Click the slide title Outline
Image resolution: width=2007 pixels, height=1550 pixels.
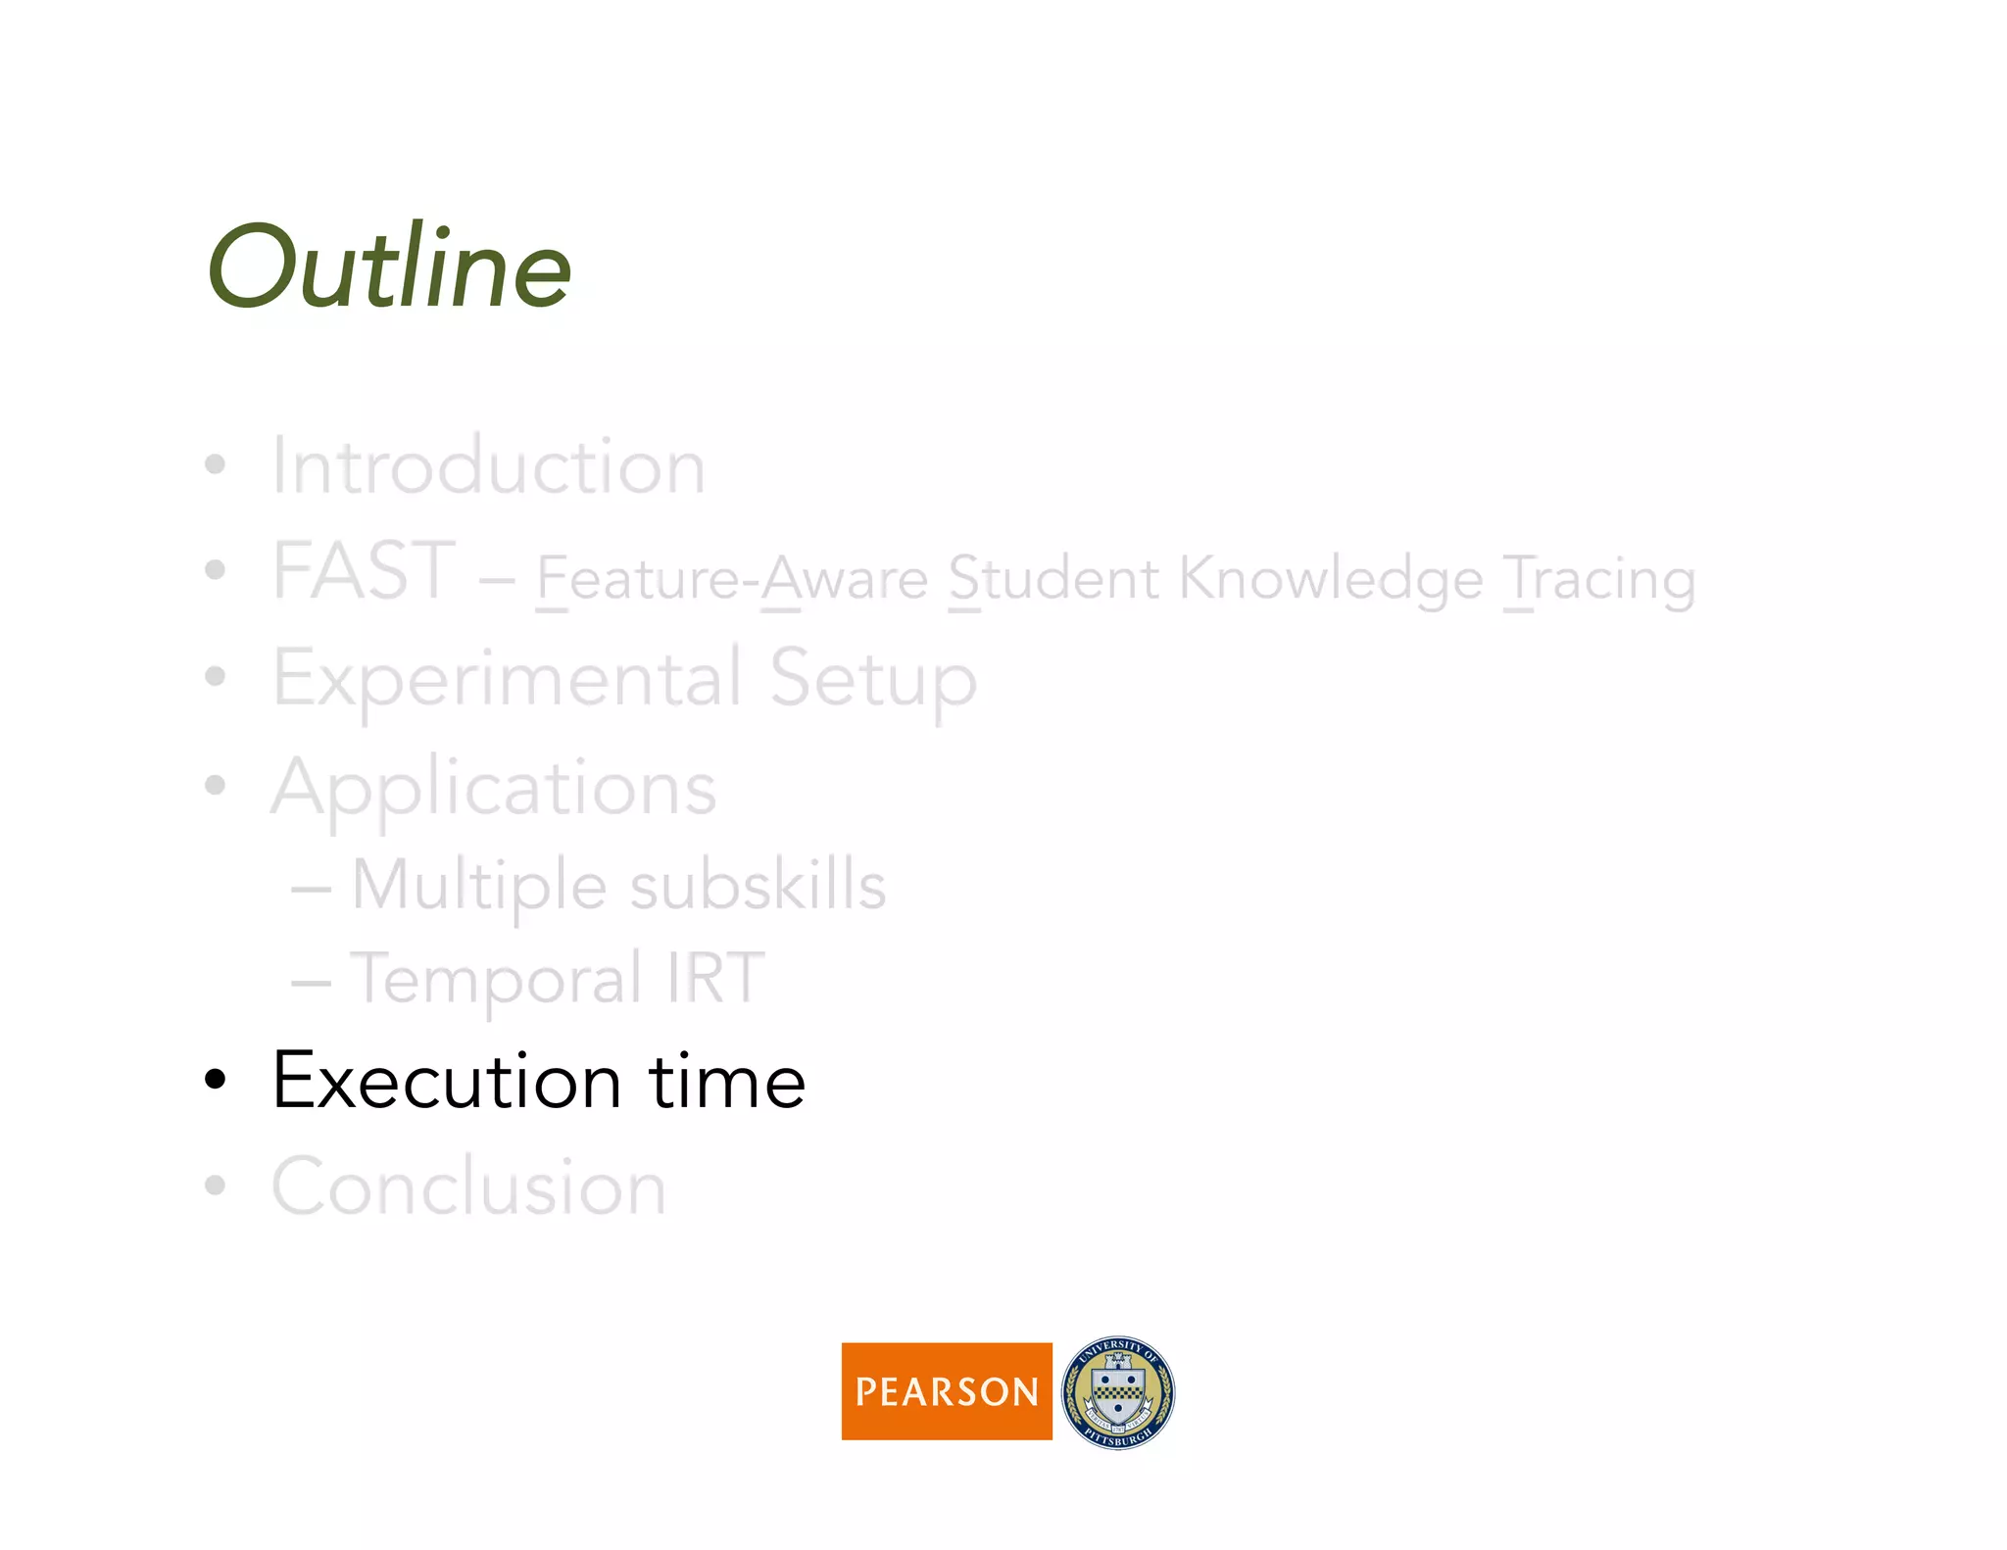pos(389,266)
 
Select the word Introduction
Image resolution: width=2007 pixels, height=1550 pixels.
pos(488,466)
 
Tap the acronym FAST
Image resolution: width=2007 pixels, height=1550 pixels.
pos(364,571)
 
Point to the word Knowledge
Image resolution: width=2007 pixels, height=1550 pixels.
pos(1331,580)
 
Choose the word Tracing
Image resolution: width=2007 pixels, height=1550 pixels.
pos(1599,580)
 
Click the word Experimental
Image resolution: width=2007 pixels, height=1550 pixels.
pos(507,679)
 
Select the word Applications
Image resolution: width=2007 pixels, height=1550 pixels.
pos(494,789)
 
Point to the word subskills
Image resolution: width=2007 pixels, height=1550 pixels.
pos(758,885)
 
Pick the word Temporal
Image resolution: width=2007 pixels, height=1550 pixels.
pos(496,979)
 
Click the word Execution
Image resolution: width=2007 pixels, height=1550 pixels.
pos(447,1081)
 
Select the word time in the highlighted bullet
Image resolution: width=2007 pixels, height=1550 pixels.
pos(727,1081)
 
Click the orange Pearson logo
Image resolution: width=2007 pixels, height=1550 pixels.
pos(946,1390)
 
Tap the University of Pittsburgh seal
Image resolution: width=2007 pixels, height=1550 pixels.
pos(1118,1391)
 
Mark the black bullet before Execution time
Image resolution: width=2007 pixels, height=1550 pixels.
pos(215,1081)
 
